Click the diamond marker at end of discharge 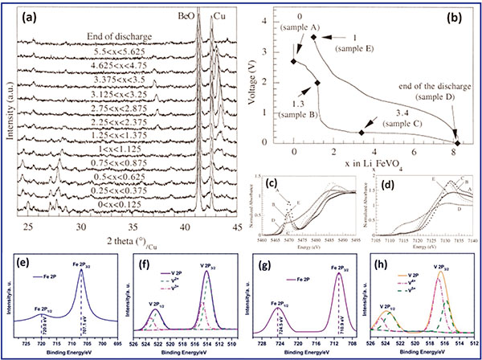click(455, 141)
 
